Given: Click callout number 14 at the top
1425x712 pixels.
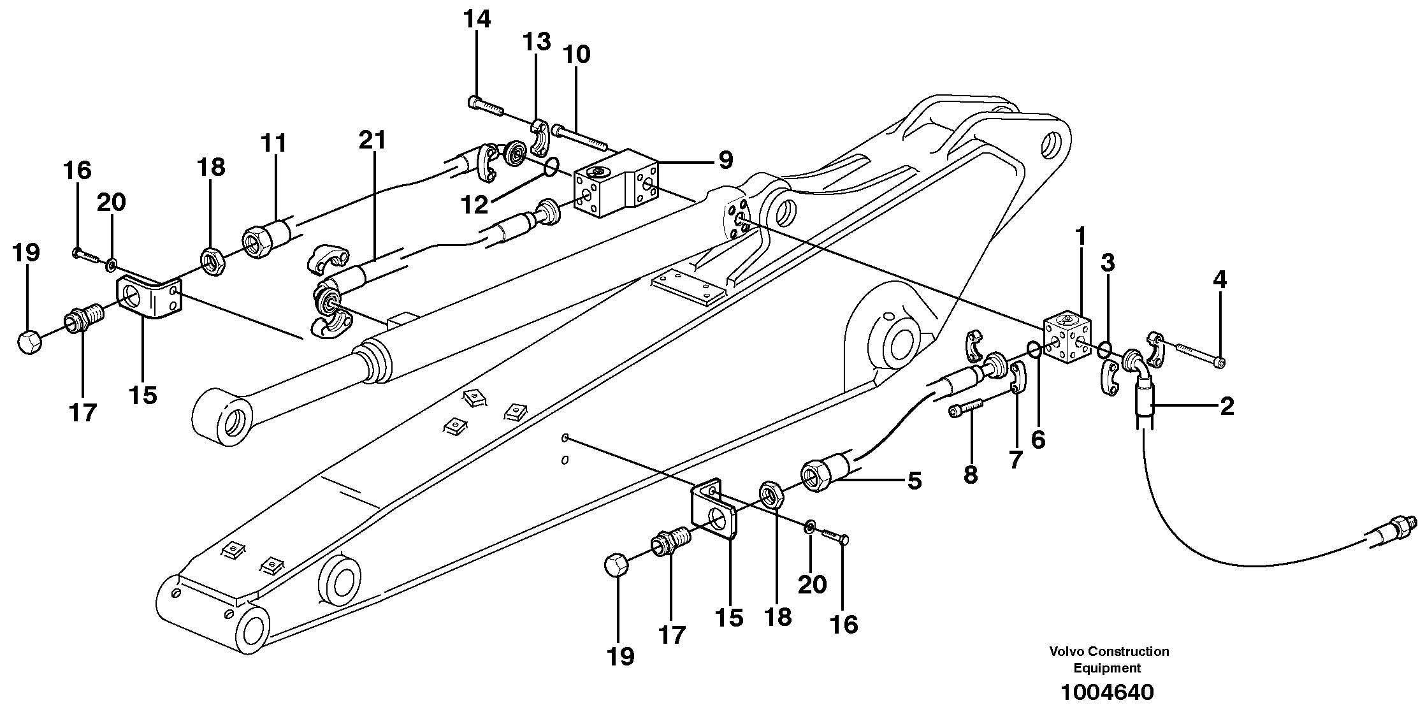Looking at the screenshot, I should (x=477, y=20).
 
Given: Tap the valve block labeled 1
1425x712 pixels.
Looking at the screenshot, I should (x=1067, y=338).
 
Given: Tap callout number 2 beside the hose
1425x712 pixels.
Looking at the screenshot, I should (x=1227, y=406).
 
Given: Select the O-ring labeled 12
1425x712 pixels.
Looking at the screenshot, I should (x=552, y=167).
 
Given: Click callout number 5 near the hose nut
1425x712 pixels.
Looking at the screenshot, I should (x=914, y=481).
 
